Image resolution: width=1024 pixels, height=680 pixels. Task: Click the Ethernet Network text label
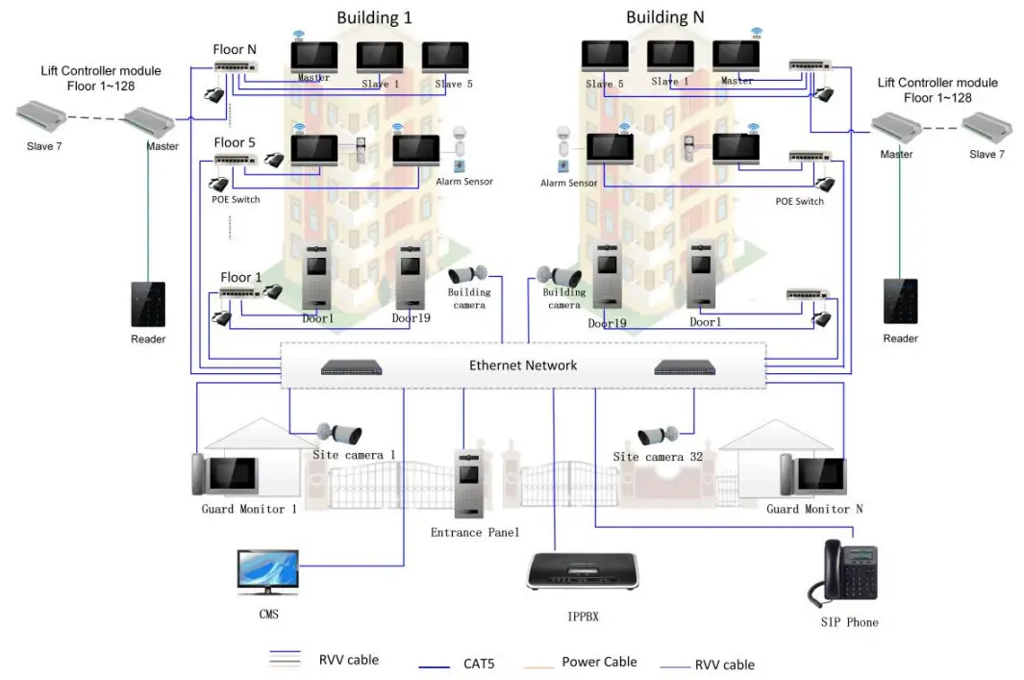[x=523, y=365]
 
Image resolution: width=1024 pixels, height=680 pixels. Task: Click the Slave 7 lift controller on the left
[x=39, y=119]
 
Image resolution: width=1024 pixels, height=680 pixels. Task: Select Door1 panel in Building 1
[x=317, y=279]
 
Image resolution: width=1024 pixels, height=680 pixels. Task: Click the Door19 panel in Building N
[x=607, y=278]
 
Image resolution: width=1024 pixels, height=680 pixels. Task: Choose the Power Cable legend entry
[x=599, y=663]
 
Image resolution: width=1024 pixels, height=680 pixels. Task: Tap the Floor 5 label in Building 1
[x=235, y=143]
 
